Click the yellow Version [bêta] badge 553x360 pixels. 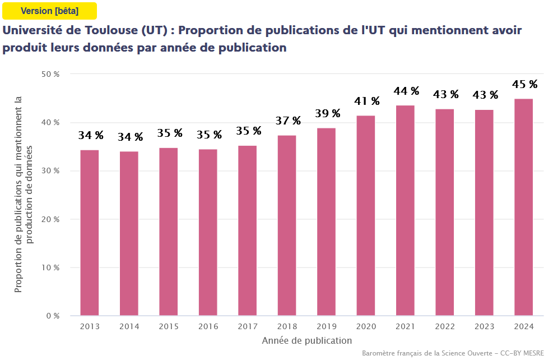tap(49, 11)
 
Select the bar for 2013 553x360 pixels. tap(90, 233)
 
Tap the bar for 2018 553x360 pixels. tap(287, 225)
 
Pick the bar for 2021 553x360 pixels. tap(405, 210)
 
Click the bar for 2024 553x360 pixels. tap(524, 207)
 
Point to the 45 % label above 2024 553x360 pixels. tap(524, 85)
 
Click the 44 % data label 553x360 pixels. tap(406, 91)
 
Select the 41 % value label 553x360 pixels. tap(367, 101)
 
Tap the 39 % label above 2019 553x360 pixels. tap(327, 114)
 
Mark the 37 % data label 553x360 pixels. tap(288, 121)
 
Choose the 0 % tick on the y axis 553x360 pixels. tap(53, 316)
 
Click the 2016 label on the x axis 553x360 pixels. tap(208, 326)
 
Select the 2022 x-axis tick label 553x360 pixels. tap(445, 326)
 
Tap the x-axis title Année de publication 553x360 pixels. tap(306, 340)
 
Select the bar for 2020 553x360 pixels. tap(366, 216)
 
